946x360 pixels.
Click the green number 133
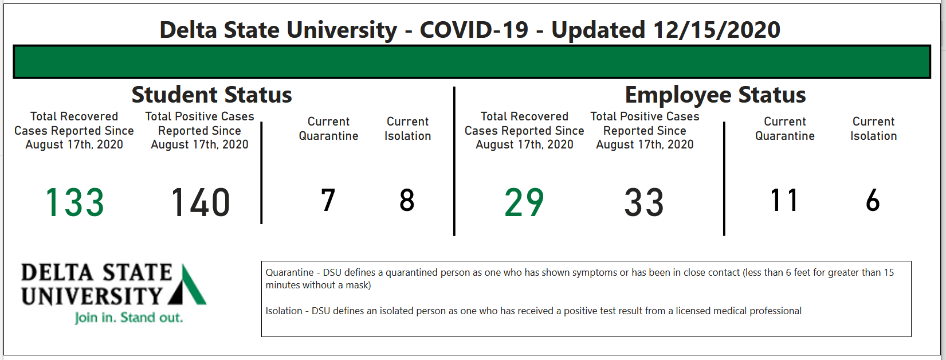tap(74, 202)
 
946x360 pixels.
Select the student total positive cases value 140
tap(200, 202)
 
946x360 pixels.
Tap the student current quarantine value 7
tap(328, 200)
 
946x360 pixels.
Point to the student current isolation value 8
tap(407, 200)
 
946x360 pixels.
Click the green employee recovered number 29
tap(524, 202)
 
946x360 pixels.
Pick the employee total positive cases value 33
tap(645, 202)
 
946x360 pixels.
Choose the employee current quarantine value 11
tap(784, 200)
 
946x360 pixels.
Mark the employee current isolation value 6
tap(873, 200)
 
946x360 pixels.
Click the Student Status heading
tap(211, 95)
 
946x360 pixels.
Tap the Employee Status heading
tap(716, 95)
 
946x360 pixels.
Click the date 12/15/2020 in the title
tap(717, 30)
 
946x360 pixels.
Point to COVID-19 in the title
tap(474, 30)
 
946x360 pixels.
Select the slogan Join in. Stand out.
tap(129, 318)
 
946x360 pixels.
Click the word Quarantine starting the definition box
tap(290, 272)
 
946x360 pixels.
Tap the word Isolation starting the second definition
tap(284, 311)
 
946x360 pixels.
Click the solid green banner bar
tap(472, 62)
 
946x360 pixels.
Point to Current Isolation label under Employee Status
tap(873, 128)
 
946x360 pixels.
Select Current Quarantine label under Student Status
tap(328, 128)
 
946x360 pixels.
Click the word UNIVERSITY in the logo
tap(92, 296)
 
